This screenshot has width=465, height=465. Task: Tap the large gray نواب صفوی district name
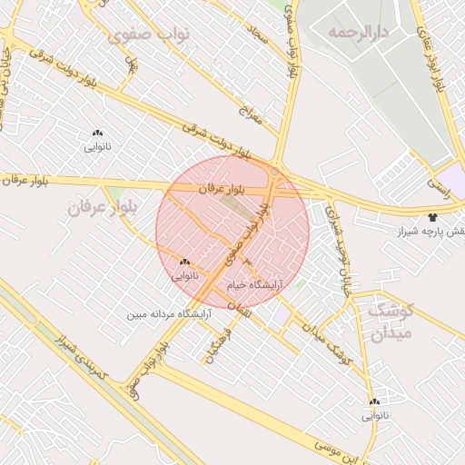click(x=148, y=34)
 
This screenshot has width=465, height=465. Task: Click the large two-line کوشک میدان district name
click(x=391, y=321)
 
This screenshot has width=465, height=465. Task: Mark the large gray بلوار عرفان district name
click(x=101, y=207)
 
